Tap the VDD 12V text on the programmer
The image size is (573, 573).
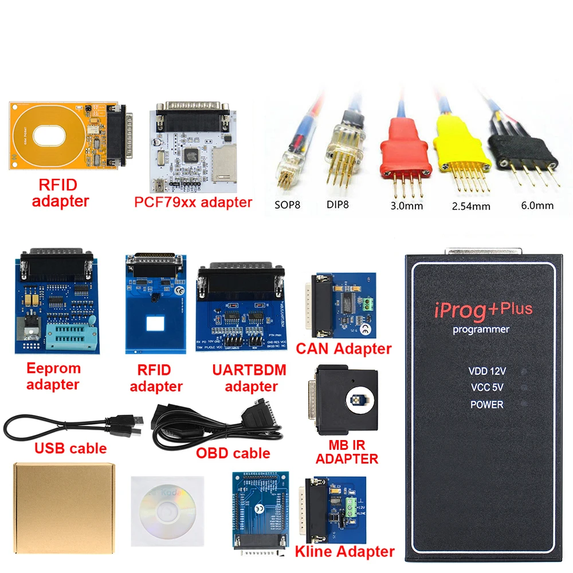click(x=487, y=371)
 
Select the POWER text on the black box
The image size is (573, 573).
click(x=486, y=405)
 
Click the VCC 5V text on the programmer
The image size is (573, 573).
click(x=487, y=387)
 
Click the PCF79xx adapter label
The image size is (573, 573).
click(x=193, y=202)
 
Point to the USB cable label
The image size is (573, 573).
click(x=71, y=448)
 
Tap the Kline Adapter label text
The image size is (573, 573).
click(x=344, y=552)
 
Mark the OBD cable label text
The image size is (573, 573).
click(x=233, y=453)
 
